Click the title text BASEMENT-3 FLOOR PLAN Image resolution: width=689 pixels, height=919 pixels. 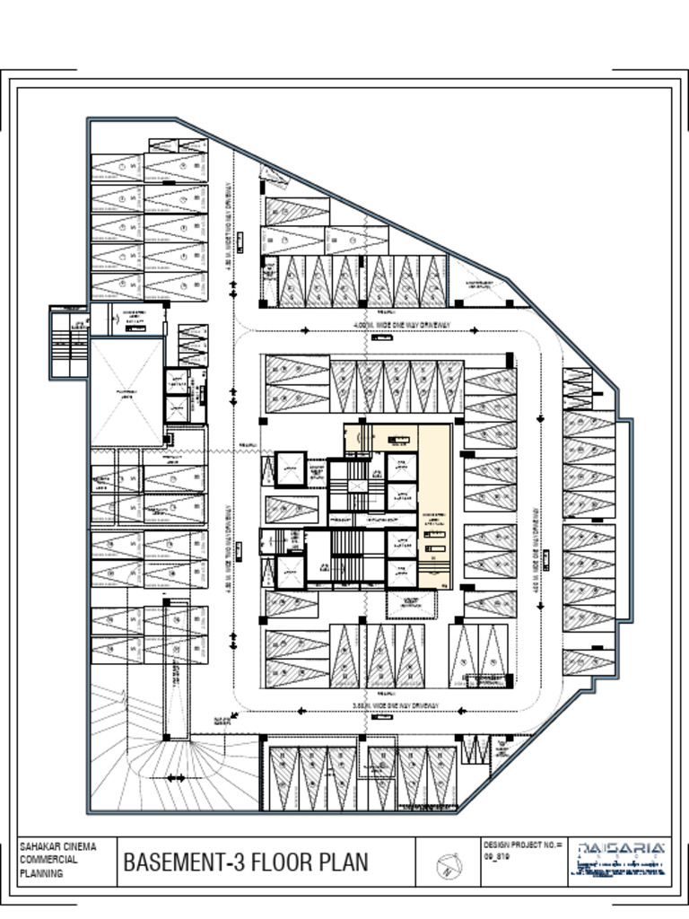click(x=245, y=862)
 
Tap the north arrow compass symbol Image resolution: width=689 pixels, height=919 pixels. click(x=448, y=867)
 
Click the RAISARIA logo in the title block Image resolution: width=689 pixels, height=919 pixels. click(x=621, y=848)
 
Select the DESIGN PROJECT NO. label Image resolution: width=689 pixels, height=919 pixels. click(x=523, y=845)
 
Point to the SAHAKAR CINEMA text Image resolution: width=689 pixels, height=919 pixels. click(x=57, y=846)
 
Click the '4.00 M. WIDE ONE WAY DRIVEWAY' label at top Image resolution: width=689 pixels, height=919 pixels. click(x=402, y=325)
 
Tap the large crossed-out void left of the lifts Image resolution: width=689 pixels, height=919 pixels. click(x=126, y=392)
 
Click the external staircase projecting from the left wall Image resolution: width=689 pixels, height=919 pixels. click(x=69, y=343)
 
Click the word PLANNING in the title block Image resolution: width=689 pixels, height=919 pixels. click(x=41, y=873)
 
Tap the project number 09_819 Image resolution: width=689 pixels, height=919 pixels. click(x=497, y=857)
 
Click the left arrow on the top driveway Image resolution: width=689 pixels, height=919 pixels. click(x=305, y=330)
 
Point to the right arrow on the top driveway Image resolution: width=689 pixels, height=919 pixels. click(x=473, y=330)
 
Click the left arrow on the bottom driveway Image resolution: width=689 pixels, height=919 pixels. click(x=301, y=711)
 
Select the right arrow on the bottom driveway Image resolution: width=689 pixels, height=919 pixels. click(x=461, y=711)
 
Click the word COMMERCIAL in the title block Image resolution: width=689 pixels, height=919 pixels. click(x=48, y=860)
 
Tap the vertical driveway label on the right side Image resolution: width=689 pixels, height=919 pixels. click(x=543, y=548)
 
